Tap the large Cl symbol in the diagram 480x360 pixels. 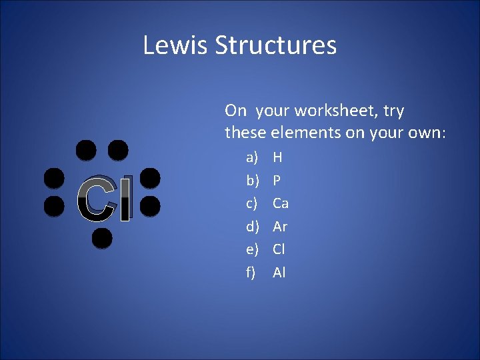(x=105, y=199)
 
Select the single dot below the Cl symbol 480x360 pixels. (x=101, y=237)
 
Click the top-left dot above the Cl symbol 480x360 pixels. (x=85, y=150)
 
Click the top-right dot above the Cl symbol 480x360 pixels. (x=118, y=150)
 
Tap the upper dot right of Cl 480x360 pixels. (x=151, y=178)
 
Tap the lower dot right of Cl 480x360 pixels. (x=151, y=206)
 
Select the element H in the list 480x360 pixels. (x=277, y=158)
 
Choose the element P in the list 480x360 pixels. (x=277, y=181)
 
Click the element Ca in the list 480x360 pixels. (x=281, y=203)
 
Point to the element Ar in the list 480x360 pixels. (x=280, y=227)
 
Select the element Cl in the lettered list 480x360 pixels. (x=279, y=249)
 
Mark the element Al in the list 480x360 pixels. (x=279, y=272)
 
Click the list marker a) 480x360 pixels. (x=252, y=158)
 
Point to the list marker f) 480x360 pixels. (x=251, y=272)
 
